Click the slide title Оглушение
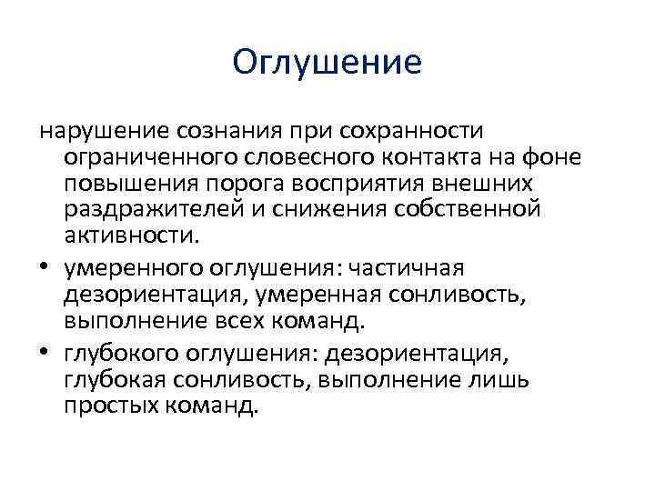pos(327,63)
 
